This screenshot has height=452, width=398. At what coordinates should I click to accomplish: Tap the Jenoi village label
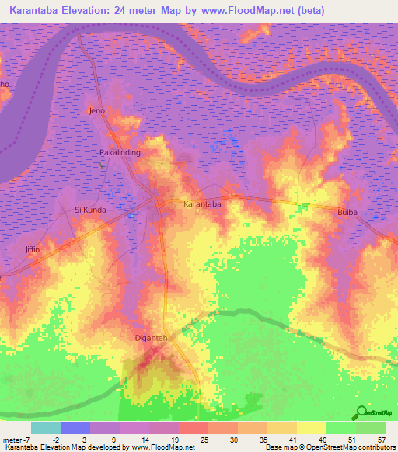tap(98, 111)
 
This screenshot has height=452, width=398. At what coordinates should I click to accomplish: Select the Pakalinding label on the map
tap(120, 153)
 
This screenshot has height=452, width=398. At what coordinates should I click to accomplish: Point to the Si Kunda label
tap(89, 210)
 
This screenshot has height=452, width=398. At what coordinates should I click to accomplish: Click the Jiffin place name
tap(32, 249)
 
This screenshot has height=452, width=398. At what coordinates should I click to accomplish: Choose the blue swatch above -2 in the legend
tap(75, 428)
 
